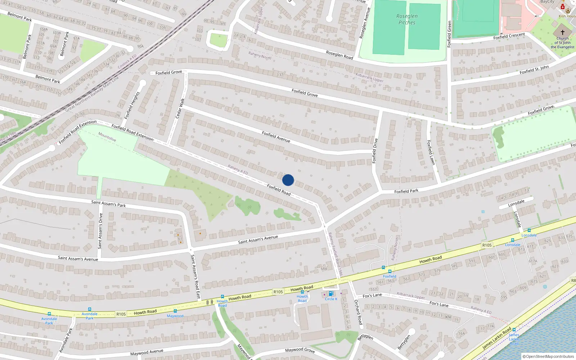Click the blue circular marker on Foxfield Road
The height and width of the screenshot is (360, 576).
pyautogui.click(x=288, y=180)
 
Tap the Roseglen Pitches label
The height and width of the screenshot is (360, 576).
pyautogui.click(x=407, y=19)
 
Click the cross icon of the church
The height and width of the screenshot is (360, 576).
pyautogui.click(x=562, y=32)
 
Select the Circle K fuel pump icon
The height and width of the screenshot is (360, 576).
pyautogui.click(x=331, y=294)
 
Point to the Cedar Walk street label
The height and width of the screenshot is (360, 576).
pyautogui.click(x=180, y=108)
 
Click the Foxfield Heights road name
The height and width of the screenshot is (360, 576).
pyautogui.click(x=132, y=105)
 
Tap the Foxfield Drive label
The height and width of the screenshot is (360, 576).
pyautogui.click(x=375, y=151)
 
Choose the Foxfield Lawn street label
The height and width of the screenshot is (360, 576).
pyautogui.click(x=431, y=153)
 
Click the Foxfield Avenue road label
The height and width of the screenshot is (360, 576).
pyautogui.click(x=276, y=137)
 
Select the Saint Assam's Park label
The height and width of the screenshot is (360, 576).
pyautogui.click(x=108, y=204)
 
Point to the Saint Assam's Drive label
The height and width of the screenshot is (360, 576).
pyautogui.click(x=100, y=231)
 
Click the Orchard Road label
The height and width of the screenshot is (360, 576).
pyautogui.click(x=358, y=312)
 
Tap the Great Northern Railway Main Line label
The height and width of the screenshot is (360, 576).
pyautogui.click(x=92, y=95)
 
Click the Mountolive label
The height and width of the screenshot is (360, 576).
pyautogui.click(x=107, y=137)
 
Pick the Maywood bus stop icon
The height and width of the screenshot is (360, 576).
pyautogui.click(x=175, y=311)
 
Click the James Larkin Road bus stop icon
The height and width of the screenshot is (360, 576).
pyautogui.click(x=514, y=330)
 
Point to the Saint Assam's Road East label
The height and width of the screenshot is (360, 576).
pyautogui.click(x=195, y=277)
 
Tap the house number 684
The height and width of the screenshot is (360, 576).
pyautogui.click(x=324, y=269)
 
